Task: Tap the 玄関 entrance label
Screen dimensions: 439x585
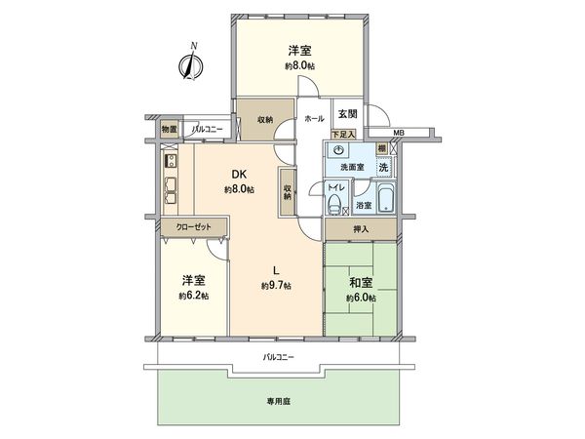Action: coord(348,114)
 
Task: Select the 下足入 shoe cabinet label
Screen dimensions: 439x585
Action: coord(343,132)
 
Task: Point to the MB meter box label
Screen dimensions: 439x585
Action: coord(398,133)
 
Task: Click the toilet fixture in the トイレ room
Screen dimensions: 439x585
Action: coord(334,204)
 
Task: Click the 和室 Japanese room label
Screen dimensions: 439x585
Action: coord(360,284)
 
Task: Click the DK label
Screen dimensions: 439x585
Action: coord(236,175)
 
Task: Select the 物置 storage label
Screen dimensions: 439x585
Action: coord(169,129)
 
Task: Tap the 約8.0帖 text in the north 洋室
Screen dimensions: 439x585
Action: coord(299,64)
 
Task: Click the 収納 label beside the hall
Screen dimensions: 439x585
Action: coord(265,120)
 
